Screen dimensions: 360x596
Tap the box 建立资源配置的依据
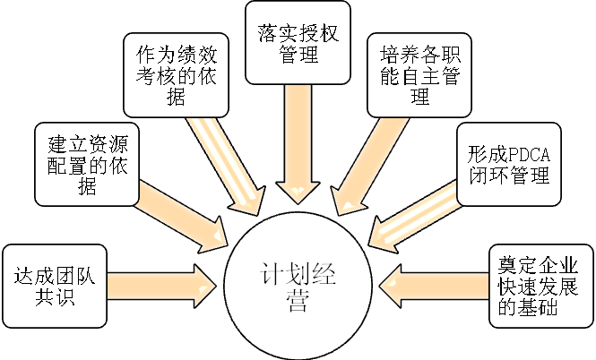pyautogui.click(x=87, y=162)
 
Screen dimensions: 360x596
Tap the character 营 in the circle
pyautogui.click(x=291, y=302)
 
